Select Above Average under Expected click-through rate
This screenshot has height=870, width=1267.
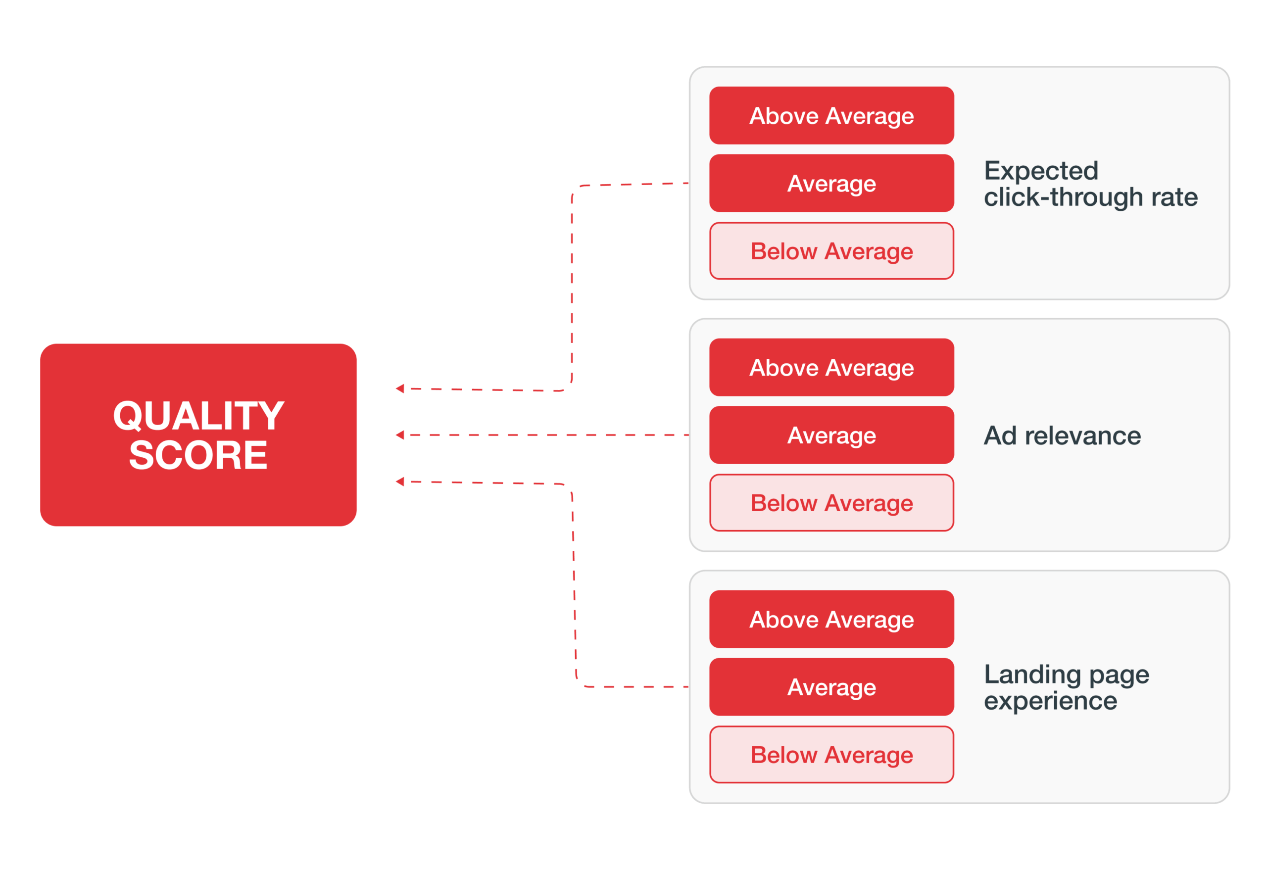point(831,116)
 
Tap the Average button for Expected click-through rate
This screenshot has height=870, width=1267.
point(831,183)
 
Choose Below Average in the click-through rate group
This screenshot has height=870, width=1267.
point(831,251)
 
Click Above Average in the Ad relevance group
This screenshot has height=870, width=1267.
point(831,367)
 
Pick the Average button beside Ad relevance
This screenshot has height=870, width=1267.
point(831,435)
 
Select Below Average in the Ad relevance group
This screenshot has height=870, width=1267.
point(831,503)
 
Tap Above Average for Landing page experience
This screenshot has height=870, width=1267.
point(831,619)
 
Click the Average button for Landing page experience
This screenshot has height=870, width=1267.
point(831,687)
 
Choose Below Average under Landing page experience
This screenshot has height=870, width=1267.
point(831,754)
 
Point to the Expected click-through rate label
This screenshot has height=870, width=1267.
point(1090,184)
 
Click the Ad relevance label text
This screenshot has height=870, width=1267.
point(1062,435)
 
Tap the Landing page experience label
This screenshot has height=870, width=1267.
point(1066,687)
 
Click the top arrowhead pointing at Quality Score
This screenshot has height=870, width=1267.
point(400,388)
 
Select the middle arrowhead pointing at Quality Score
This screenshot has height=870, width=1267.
point(400,435)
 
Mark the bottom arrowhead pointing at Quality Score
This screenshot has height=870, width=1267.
point(400,482)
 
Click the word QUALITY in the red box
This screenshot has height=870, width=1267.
point(198,415)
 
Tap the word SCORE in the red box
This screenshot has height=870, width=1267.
point(198,455)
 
